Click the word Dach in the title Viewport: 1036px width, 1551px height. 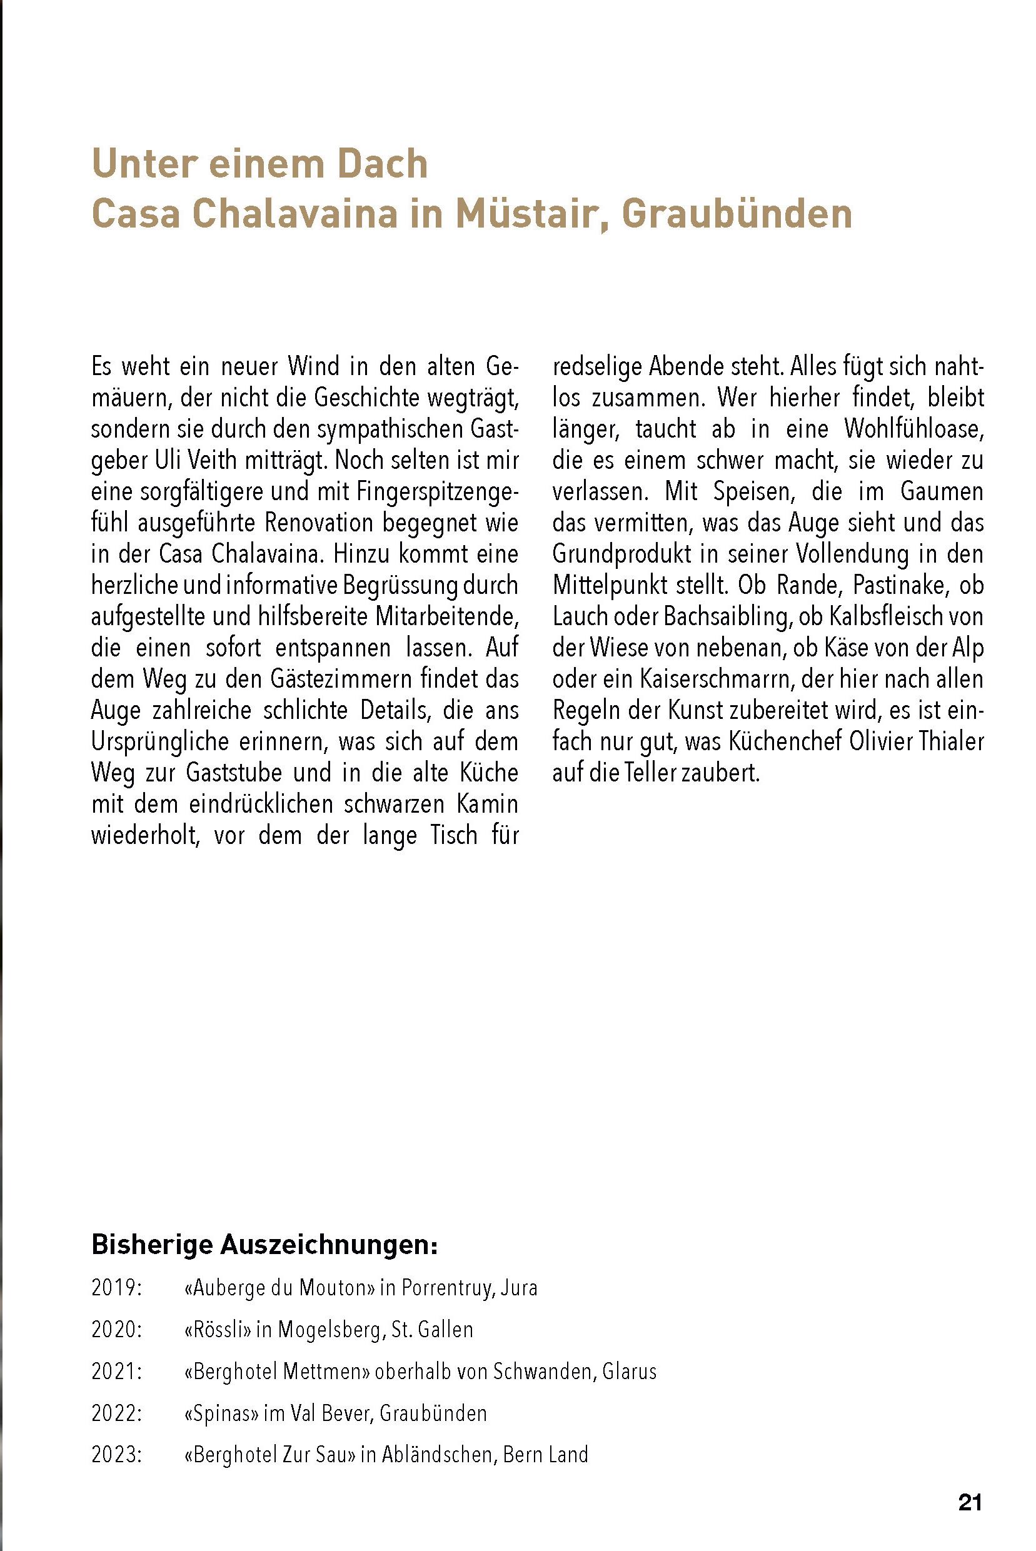pyautogui.click(x=383, y=163)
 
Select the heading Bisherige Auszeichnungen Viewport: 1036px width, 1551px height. pyautogui.click(x=264, y=1245)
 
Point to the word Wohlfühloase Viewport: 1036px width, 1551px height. pyautogui.click(x=913, y=429)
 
